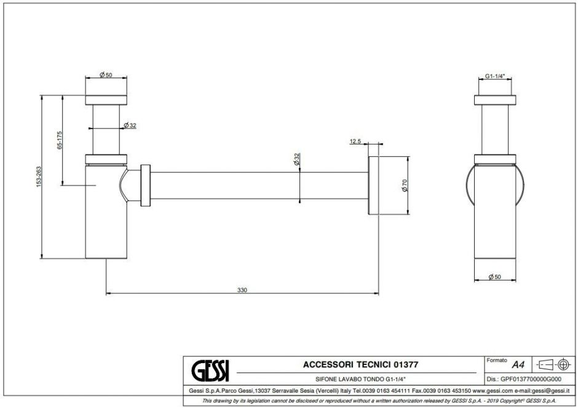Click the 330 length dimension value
[242, 289]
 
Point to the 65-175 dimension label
[60, 139]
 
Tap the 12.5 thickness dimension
[355, 142]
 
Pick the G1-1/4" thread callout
[495, 76]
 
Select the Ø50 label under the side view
[495, 277]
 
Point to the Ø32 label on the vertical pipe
[130, 126]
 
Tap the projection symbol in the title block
[554, 364]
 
